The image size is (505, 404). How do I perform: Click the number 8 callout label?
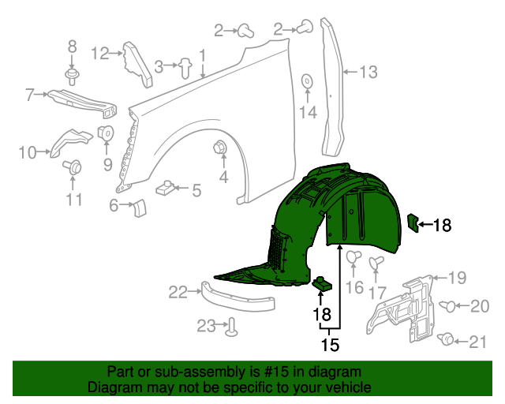click(72, 47)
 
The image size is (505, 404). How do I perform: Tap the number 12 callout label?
click(100, 54)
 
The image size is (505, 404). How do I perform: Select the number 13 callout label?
click(368, 73)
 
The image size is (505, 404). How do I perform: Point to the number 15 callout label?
click(329, 345)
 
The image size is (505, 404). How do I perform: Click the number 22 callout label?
click(178, 293)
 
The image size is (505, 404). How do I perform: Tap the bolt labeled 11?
click(77, 167)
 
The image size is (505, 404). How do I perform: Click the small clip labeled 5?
click(166, 189)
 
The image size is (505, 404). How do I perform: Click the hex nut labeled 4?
click(221, 147)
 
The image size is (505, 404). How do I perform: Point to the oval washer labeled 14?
click(307, 80)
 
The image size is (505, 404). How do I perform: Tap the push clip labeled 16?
click(354, 256)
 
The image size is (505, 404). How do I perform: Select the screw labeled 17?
click(377, 260)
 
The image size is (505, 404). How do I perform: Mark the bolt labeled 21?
click(447, 339)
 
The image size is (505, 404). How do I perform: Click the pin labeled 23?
click(231, 326)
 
